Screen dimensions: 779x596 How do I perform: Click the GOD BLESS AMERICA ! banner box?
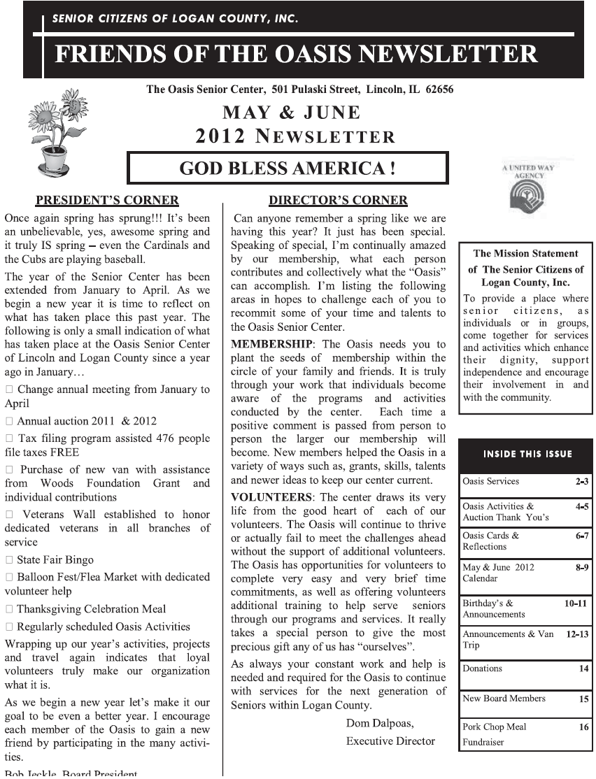288,169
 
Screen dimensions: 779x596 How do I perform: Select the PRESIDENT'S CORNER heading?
107,201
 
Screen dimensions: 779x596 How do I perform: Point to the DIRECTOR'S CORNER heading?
338,201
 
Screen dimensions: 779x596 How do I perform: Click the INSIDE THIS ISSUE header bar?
527,454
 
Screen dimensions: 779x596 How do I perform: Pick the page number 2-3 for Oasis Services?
581,482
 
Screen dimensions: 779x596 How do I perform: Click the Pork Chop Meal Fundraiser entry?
494,734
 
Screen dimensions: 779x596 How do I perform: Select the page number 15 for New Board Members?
583,699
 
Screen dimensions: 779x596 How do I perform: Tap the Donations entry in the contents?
482,669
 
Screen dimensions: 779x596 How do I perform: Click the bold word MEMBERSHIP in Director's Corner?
271,345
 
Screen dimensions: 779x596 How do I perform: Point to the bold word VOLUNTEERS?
271,497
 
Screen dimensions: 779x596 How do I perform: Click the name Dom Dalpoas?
379,724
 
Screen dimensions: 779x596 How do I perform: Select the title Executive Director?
390,741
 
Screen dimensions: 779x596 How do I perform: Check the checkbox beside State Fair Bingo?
9,560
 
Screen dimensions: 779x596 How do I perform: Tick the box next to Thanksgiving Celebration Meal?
9,610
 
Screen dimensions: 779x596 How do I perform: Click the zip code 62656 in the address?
437,90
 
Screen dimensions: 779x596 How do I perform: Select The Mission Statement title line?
525,254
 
